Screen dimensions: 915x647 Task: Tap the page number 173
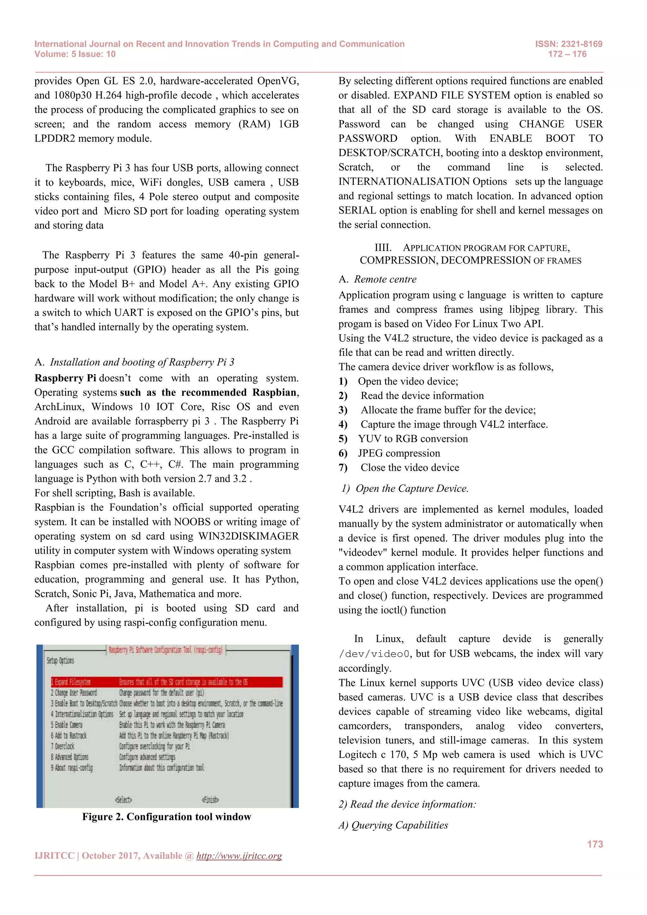[x=595, y=844]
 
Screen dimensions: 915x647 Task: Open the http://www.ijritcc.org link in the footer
[x=239, y=856]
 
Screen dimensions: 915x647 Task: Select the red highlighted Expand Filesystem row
[x=166, y=682]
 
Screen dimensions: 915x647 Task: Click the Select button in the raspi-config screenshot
[x=124, y=799]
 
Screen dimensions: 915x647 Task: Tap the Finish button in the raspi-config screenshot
[x=210, y=799]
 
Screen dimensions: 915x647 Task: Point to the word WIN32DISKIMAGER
[x=249, y=536]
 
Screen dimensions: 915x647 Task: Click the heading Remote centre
[x=385, y=279]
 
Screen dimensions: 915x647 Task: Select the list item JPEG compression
[x=399, y=453]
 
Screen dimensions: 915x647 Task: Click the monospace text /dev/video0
[x=374, y=654]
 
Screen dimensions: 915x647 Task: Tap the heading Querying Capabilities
[x=399, y=825]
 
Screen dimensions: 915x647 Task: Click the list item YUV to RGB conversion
[x=413, y=439]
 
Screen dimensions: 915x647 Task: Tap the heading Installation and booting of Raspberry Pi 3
[x=142, y=362]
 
